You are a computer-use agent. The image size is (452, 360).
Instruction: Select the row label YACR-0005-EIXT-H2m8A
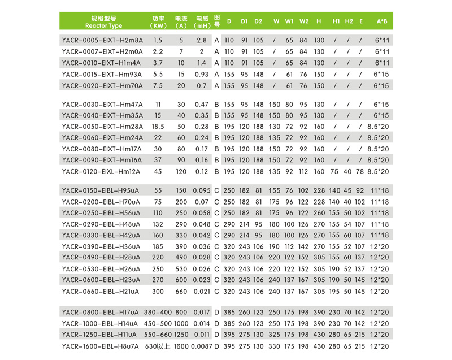point(102,41)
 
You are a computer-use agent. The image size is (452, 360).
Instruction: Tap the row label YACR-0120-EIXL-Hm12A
point(101,171)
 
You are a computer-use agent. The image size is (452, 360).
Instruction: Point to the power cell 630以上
point(158,346)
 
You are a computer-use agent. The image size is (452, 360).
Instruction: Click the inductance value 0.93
point(201,74)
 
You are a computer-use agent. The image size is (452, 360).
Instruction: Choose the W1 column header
point(289,21)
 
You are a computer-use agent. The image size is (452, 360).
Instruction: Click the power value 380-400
point(158,312)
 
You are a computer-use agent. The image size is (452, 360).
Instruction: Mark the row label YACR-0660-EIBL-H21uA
point(100,290)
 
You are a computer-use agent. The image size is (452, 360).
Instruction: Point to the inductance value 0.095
point(201,190)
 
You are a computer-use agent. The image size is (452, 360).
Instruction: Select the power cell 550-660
point(158,335)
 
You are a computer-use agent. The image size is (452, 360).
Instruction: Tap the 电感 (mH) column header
point(202,21)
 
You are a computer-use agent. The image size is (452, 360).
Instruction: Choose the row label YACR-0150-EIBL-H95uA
point(101,190)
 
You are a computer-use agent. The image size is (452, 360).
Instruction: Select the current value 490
point(181,257)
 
